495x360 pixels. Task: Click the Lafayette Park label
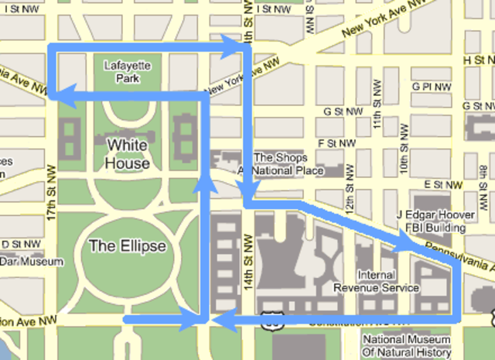[127, 72]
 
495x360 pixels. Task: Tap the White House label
[128, 154]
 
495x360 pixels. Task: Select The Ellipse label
[128, 246]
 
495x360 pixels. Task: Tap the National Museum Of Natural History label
[407, 346]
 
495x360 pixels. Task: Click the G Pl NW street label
[431, 87]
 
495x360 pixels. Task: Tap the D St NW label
[16, 245]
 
